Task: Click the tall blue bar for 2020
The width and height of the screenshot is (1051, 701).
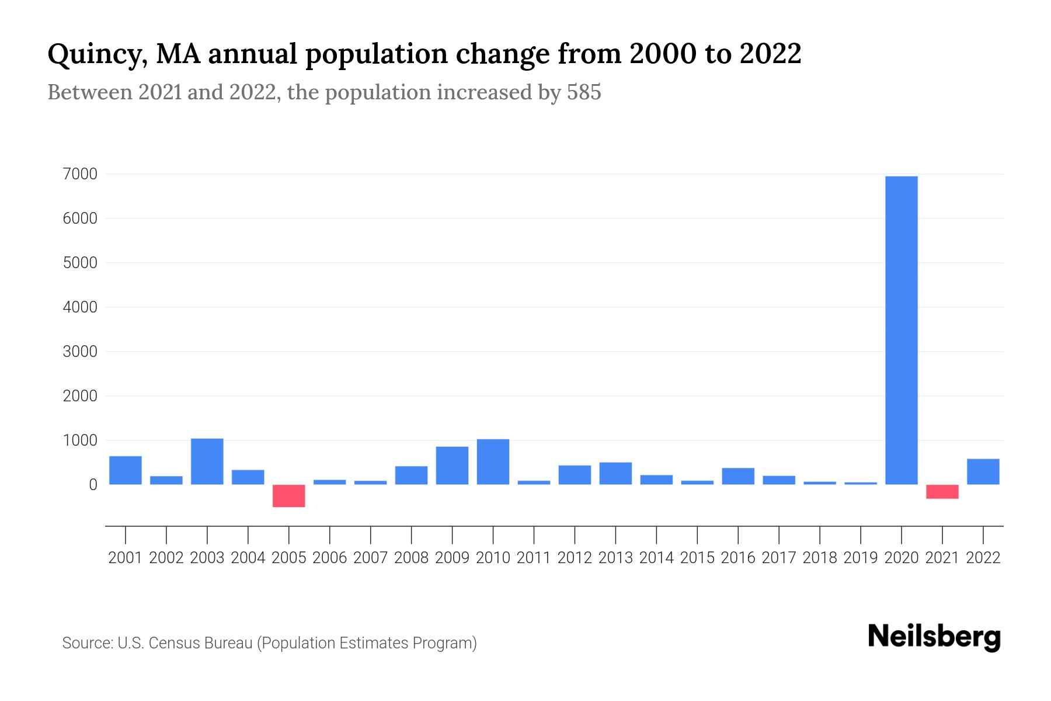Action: coord(901,330)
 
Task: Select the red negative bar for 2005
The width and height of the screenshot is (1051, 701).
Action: coord(289,496)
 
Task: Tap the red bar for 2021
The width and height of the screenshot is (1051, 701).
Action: coord(942,492)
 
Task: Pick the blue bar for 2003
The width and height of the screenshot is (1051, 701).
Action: coord(207,461)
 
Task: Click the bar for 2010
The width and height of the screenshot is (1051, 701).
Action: coord(493,462)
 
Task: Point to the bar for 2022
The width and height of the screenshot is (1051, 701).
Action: coord(983,472)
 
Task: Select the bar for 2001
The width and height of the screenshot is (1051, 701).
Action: coord(126,470)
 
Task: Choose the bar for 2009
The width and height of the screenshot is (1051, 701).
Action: coord(452,466)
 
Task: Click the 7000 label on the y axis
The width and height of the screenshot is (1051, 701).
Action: coord(80,174)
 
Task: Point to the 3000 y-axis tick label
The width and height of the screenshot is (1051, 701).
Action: coord(80,352)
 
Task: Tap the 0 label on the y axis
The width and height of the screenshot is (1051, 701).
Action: coord(93,485)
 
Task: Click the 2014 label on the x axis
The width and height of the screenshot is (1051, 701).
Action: coord(656,558)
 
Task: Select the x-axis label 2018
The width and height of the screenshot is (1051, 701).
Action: coord(820,558)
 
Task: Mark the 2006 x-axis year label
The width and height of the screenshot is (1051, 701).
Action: coord(330,558)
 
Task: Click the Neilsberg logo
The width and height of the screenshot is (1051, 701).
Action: coord(934,637)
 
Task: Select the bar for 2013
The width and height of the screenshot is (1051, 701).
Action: coord(615,474)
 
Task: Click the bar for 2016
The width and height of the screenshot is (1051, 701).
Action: coord(738,477)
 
